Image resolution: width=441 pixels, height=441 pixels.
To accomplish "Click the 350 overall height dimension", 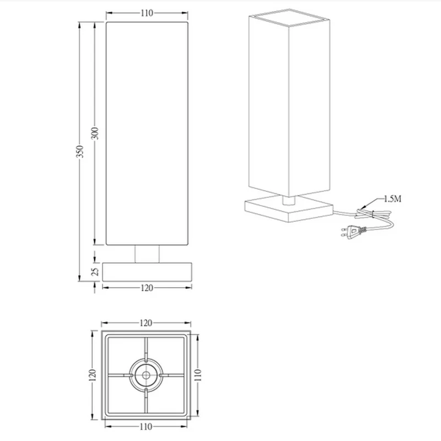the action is tap(80, 151).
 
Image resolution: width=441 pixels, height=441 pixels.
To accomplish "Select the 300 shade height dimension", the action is tap(95, 133).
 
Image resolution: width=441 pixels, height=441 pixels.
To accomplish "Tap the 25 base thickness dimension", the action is tap(95, 271).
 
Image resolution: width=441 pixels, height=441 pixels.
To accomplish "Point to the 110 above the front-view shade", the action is tap(147, 13).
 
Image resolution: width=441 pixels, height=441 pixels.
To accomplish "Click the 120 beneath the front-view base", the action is tap(147, 288).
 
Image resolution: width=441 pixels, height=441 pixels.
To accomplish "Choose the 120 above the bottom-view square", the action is tap(146, 323).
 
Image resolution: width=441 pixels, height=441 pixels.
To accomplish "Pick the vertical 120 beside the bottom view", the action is tap(93, 375).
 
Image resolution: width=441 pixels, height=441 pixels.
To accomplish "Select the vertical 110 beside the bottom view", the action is tap(198, 375).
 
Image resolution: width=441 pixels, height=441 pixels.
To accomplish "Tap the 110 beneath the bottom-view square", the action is tap(146, 427).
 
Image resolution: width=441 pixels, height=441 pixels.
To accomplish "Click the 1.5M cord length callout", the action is tap(392, 199).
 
